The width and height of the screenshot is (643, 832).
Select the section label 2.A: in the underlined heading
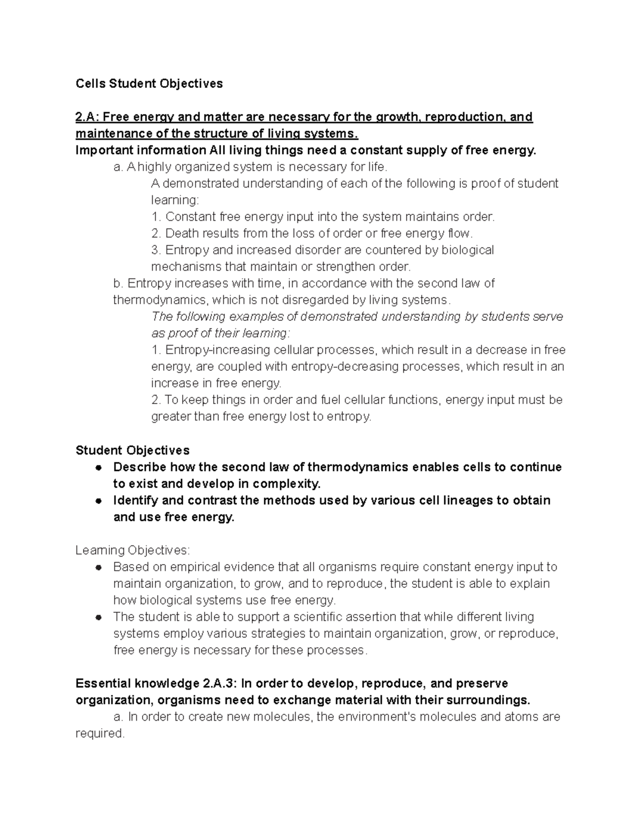pyautogui.click(x=87, y=117)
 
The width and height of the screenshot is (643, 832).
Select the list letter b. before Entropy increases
pyautogui.click(x=118, y=283)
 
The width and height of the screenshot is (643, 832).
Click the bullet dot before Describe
pyautogui.click(x=98, y=468)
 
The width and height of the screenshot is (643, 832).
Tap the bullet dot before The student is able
pyautogui.click(x=98, y=617)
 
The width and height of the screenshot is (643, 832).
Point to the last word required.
pyautogui.click(x=100, y=733)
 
